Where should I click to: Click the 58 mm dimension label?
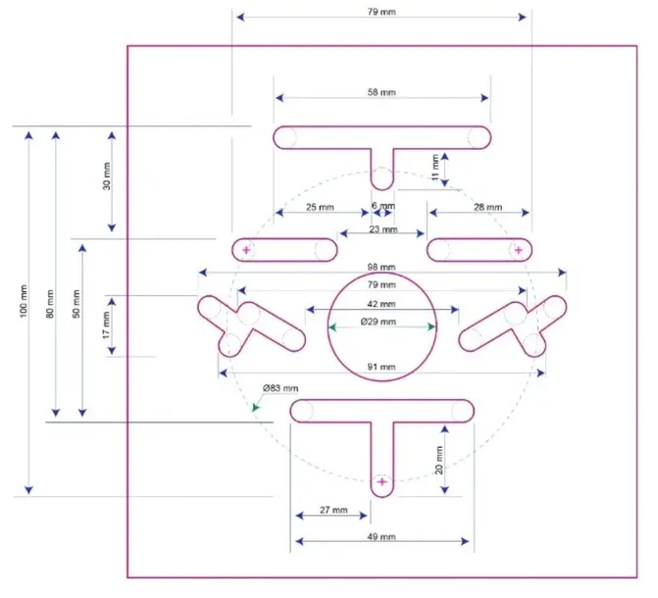click(381, 92)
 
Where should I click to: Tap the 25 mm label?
click(320, 208)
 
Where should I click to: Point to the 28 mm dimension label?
click(487, 208)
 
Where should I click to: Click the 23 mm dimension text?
click(382, 229)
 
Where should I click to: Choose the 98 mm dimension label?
click(381, 268)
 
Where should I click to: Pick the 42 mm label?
click(381, 303)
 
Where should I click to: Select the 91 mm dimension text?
click(381, 367)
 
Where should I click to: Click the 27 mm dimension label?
click(333, 511)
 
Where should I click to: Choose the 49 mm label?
click(381, 537)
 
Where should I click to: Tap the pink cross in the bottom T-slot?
click(382, 481)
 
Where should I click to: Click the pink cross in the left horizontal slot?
click(246, 251)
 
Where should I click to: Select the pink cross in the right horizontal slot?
click(518, 251)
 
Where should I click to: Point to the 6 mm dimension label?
click(382, 205)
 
